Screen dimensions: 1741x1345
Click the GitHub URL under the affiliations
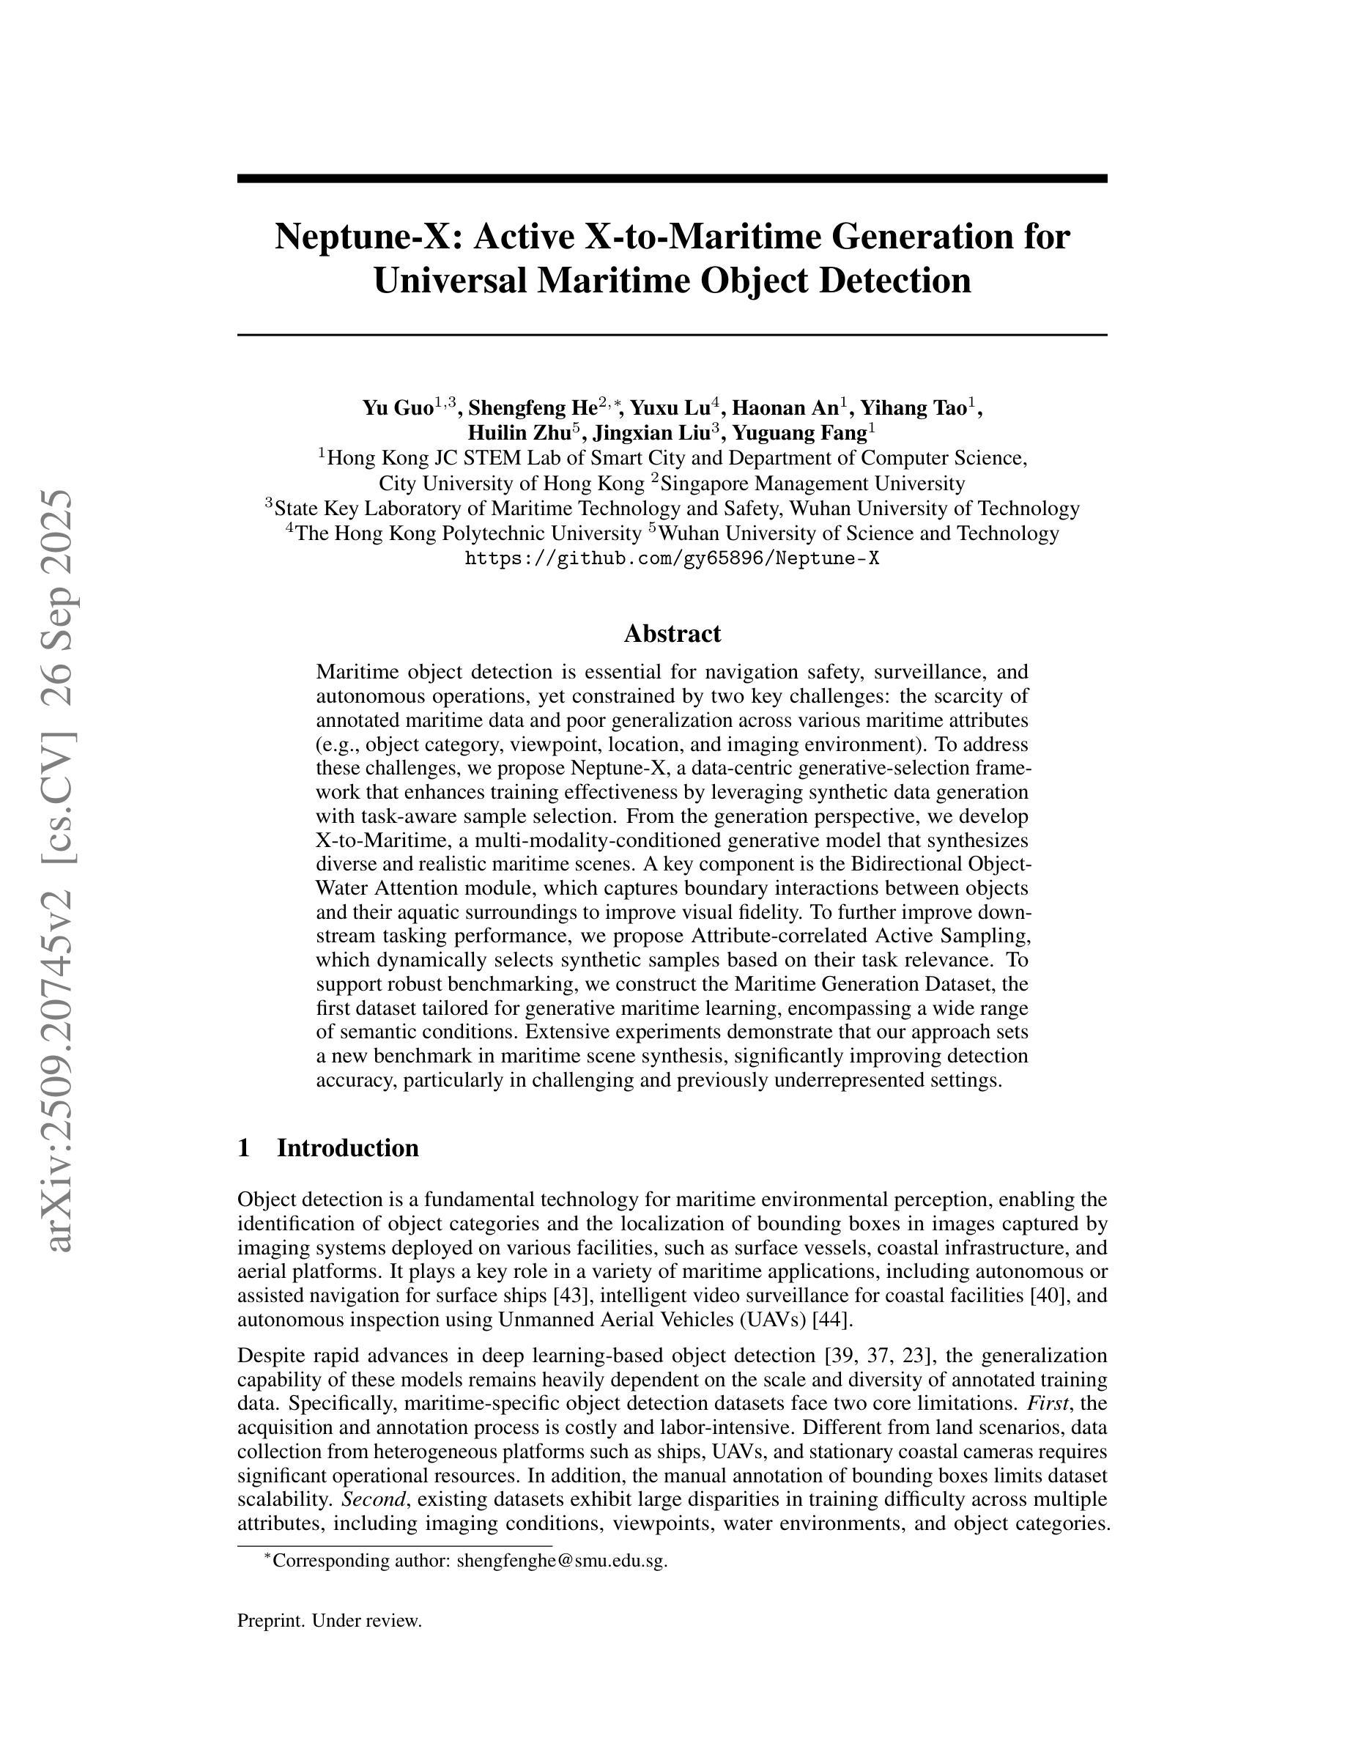pos(672,558)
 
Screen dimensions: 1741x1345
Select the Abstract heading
pos(672,634)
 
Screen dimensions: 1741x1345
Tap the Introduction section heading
pos(347,1148)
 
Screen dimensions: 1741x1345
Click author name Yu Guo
pos(398,408)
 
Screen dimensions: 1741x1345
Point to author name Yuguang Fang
pos(799,433)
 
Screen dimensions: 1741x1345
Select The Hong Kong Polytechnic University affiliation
pos(469,533)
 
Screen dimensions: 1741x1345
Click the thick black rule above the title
pos(672,179)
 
